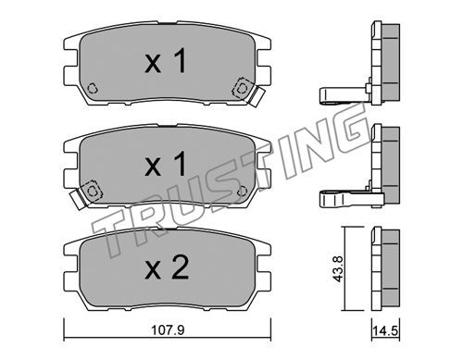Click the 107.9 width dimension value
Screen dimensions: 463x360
coord(168,330)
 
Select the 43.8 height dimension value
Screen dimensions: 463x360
coord(339,268)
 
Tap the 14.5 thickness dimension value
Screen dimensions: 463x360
coord(385,331)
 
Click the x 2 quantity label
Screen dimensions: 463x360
coord(167,267)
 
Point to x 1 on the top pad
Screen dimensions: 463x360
coord(166,61)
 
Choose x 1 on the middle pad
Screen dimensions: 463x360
coord(166,164)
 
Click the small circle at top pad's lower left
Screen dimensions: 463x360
coord(93,89)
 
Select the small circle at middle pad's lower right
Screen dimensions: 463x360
coord(243,192)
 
